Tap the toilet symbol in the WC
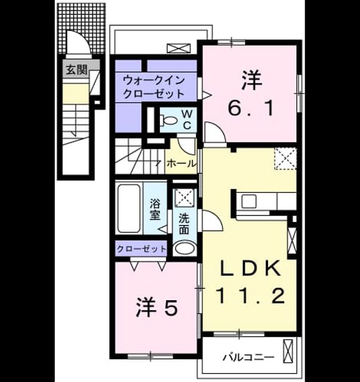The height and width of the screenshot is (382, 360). tap(169, 120)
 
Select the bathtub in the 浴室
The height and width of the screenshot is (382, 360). tap(129, 208)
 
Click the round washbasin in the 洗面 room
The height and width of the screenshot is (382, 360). tap(185, 248)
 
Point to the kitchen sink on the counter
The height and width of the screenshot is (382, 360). tap(248, 202)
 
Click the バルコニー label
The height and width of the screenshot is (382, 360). tap(248, 358)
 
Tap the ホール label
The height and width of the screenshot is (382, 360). tap(181, 163)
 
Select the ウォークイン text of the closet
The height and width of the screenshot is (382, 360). tap(154, 80)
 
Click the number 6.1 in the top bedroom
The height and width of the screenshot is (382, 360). tap(251, 109)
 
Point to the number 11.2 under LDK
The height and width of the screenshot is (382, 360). tap(251, 295)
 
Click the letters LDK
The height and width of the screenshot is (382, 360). tap(250, 268)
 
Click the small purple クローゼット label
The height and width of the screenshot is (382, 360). tap(141, 249)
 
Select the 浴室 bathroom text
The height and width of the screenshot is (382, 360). tap(155, 209)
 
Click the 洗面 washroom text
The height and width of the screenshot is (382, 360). tap(184, 224)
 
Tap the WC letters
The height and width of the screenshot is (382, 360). tap(187, 119)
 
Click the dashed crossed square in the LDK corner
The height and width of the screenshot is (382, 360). tap(285, 158)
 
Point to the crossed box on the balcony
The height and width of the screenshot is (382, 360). tap(288, 351)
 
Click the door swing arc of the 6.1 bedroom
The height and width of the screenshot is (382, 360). tap(218, 130)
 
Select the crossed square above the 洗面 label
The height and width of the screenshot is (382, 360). tap(184, 198)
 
